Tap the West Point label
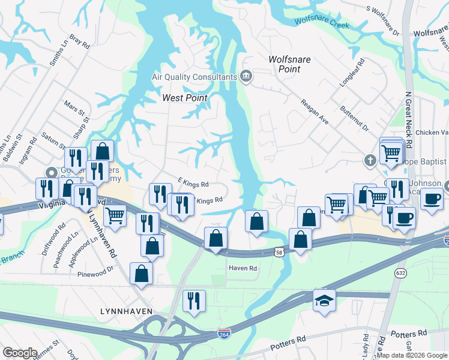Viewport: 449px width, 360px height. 185,98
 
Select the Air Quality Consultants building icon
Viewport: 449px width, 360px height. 246,76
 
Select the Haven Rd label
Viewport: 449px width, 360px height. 243,268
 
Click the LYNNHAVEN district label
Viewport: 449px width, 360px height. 125,311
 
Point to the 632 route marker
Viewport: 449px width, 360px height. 400,273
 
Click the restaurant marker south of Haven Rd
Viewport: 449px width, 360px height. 194,299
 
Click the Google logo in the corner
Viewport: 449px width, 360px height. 20,353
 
